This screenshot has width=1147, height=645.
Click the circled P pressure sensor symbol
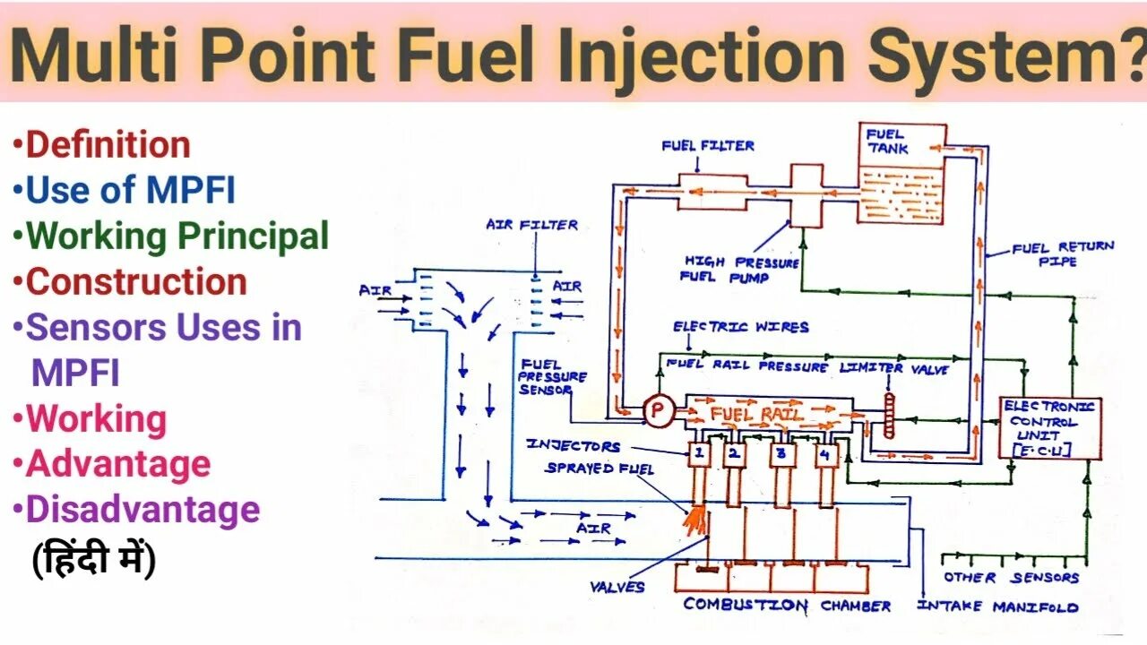click(658, 411)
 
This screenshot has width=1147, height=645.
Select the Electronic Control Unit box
click(1049, 428)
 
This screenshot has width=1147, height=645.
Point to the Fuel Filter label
click(708, 145)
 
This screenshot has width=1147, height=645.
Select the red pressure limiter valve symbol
click(889, 416)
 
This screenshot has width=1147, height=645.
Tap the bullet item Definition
click(108, 145)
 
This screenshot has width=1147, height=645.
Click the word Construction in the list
click(136, 281)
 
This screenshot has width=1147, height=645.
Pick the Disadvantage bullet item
click(142, 510)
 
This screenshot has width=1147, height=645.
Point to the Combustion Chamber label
click(787, 606)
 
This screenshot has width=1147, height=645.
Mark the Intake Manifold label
click(997, 606)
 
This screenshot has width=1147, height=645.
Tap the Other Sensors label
click(1011, 578)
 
